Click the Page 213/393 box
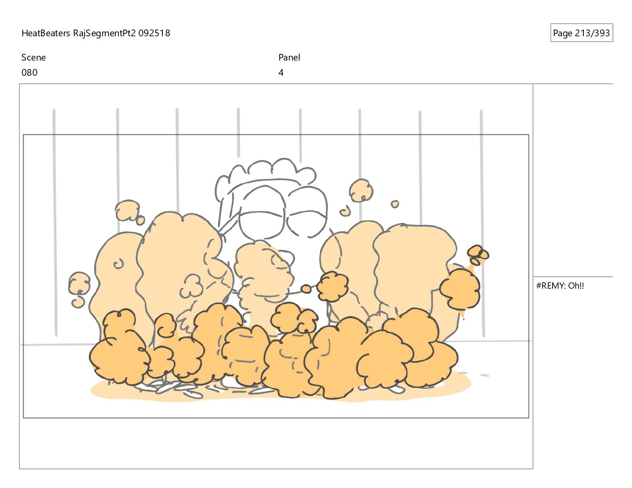(x=581, y=33)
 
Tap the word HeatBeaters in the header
(x=45, y=33)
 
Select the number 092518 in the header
(x=154, y=33)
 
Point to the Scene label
(x=34, y=57)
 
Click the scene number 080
(x=30, y=73)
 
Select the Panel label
(x=289, y=57)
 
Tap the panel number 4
(x=280, y=73)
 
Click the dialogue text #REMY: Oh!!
(x=560, y=286)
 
